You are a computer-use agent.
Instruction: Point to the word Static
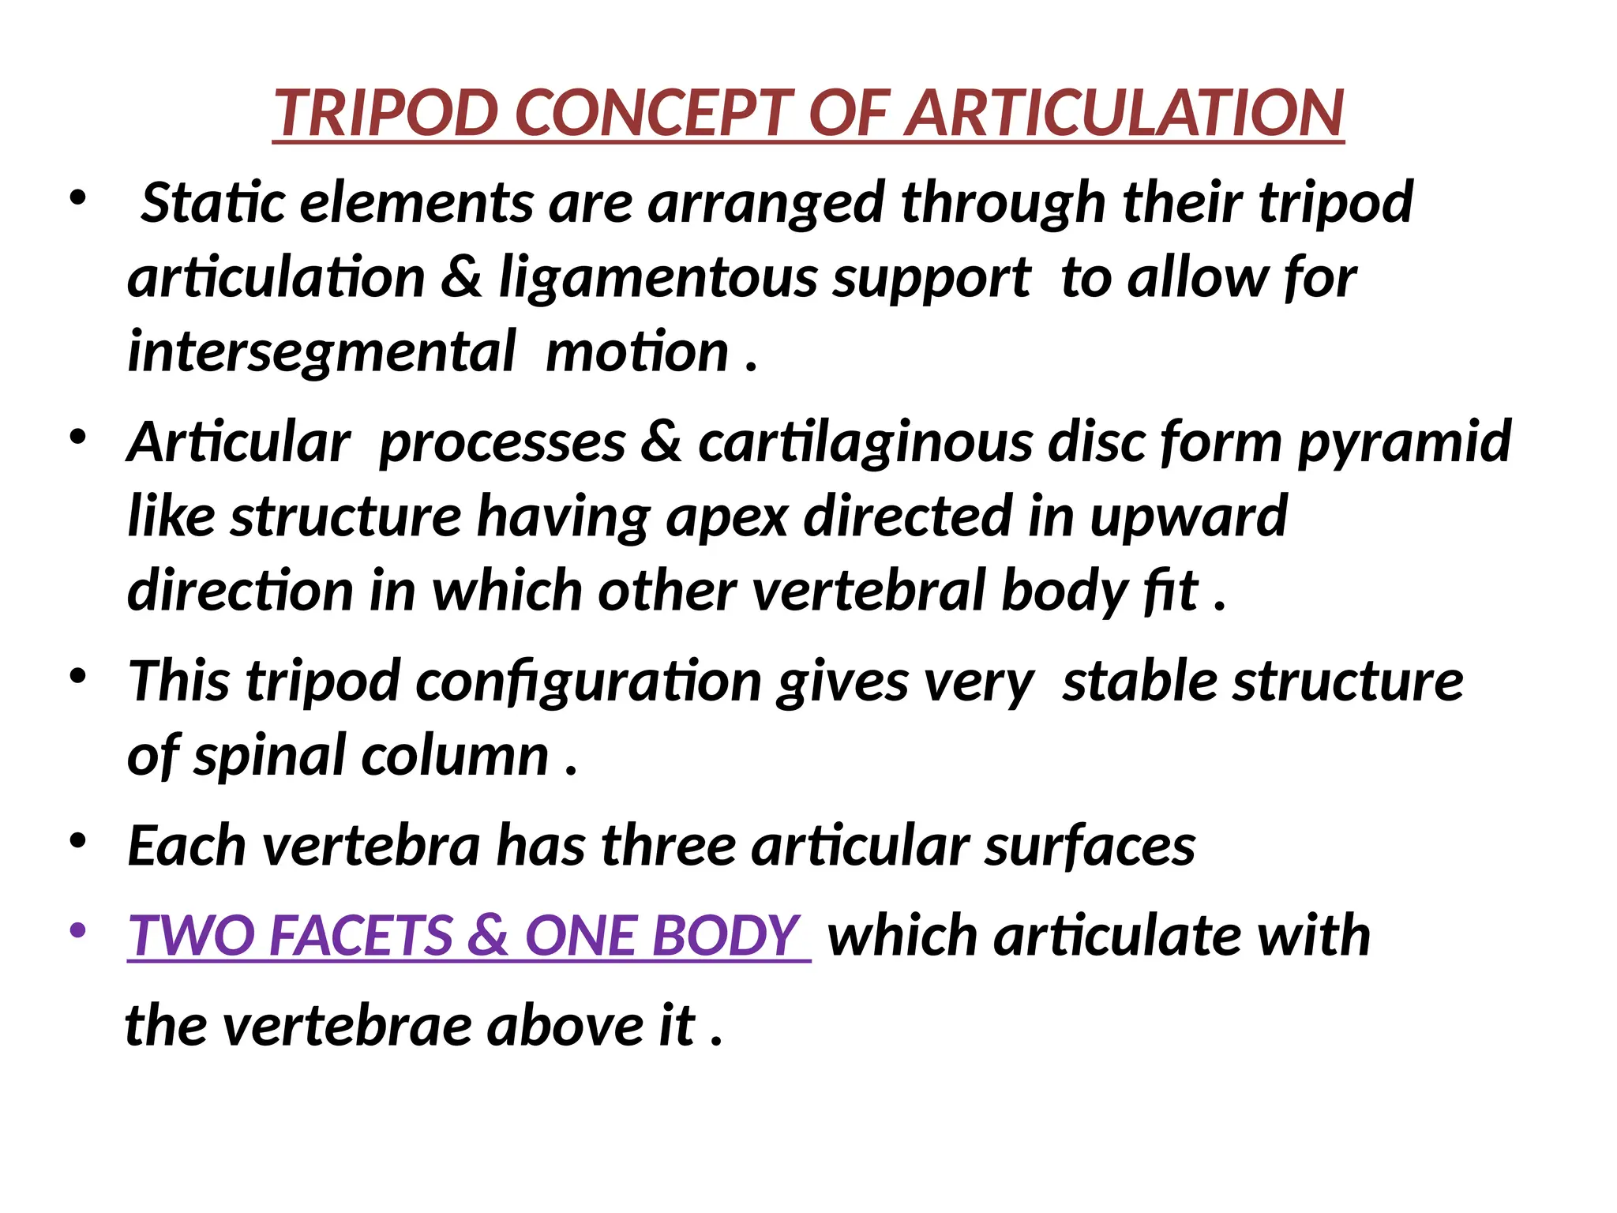(x=212, y=203)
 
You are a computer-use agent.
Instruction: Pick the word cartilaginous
(x=865, y=442)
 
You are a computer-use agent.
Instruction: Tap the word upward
(x=1188, y=516)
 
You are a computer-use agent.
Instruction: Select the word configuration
(x=588, y=682)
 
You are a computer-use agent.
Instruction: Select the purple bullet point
(x=77, y=930)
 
